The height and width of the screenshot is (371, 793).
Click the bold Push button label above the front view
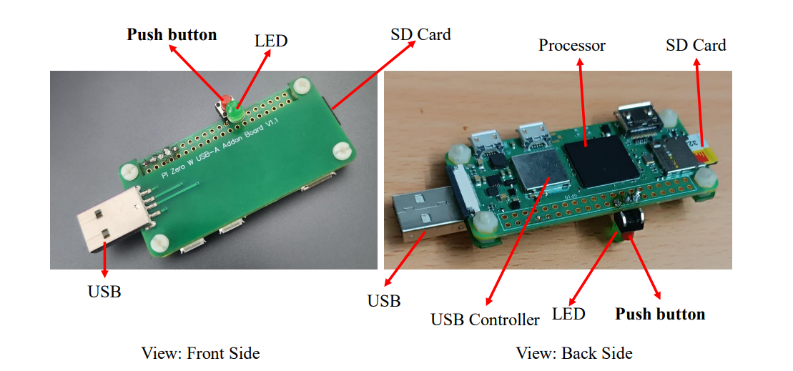point(172,34)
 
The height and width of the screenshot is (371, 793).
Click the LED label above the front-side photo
point(271,41)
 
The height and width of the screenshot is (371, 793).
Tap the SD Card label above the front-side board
point(420,34)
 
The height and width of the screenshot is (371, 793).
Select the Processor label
point(572,46)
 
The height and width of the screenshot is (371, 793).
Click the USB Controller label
point(485,320)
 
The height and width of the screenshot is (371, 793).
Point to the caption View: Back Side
point(574,353)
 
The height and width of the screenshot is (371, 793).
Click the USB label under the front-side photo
point(104,292)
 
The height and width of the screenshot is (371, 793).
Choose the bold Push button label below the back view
point(660,315)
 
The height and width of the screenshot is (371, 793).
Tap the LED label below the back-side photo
point(568,315)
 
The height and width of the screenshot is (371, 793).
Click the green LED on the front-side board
point(235,112)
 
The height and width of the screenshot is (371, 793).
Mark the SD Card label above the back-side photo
point(695,46)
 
